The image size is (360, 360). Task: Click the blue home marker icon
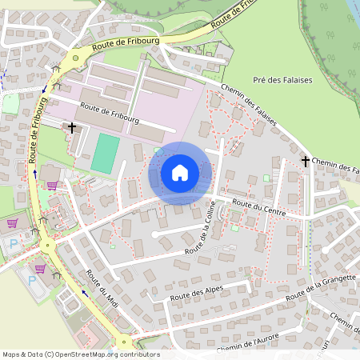point(180,173)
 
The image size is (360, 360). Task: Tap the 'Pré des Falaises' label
point(282,80)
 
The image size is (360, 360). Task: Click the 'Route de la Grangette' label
point(319,289)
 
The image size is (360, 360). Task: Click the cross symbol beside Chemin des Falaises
point(305,162)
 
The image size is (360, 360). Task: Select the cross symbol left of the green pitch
point(72,127)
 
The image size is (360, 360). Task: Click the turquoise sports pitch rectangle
point(105,153)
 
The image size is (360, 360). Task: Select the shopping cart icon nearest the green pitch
point(53,186)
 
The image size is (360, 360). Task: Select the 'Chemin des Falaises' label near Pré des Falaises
point(247,108)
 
